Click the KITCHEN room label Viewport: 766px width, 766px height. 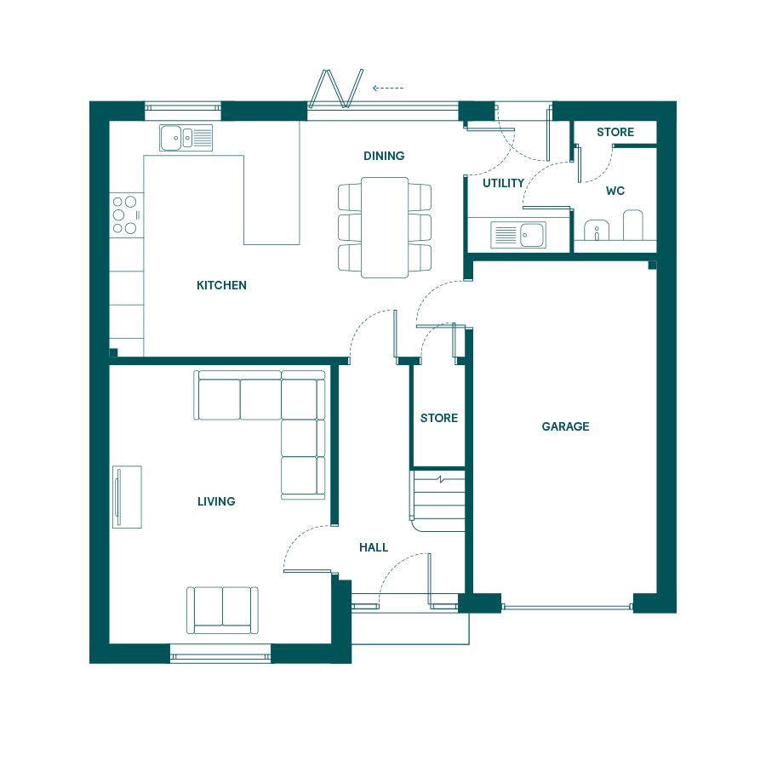(221, 285)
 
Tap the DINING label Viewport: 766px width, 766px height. (384, 156)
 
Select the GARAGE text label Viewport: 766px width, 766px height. (565, 426)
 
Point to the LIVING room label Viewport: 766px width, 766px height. (216, 501)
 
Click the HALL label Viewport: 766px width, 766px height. (374, 547)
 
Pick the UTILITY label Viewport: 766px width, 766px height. (503, 183)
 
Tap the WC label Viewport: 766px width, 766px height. (615, 191)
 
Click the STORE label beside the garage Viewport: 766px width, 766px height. (438, 418)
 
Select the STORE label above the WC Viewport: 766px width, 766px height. (615, 132)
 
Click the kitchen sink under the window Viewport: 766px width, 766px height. (186, 138)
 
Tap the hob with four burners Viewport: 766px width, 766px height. (126, 215)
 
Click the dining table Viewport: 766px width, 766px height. (385, 227)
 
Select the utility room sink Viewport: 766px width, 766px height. (518, 235)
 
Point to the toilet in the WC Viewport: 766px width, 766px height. (633, 225)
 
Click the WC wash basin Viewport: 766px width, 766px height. (597, 230)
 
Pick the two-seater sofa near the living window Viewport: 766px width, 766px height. (222, 610)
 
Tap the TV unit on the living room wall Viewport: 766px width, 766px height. (127, 497)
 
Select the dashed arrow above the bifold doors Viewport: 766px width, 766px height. (388, 89)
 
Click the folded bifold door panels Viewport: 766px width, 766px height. (336, 88)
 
